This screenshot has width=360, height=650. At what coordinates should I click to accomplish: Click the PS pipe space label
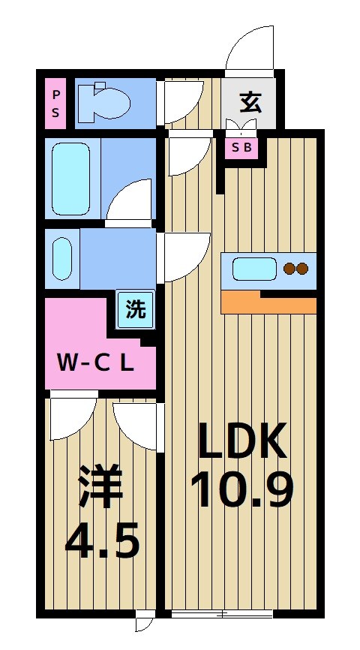pyautogui.click(x=55, y=104)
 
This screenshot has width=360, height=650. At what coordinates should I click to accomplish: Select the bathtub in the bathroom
pyautogui.click(x=72, y=178)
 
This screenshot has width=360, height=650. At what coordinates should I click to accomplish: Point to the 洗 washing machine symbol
pyautogui.click(x=136, y=309)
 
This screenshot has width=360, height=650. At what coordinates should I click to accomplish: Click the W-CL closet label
pyautogui.click(x=95, y=364)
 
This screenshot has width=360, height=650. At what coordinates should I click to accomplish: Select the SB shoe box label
pyautogui.click(x=242, y=148)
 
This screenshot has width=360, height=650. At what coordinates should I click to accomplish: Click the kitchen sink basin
pyautogui.click(x=254, y=268)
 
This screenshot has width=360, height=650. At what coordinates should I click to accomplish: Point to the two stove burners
pyautogui.click(x=295, y=268)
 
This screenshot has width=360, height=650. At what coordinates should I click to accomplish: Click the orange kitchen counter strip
pyautogui.click(x=268, y=302)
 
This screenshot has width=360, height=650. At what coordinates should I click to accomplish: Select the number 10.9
pyautogui.click(x=241, y=490)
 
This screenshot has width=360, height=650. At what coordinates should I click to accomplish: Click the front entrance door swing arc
pyautogui.click(x=251, y=49)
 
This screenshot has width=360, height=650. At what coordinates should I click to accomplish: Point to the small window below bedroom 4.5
pyautogui.click(x=144, y=622)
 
